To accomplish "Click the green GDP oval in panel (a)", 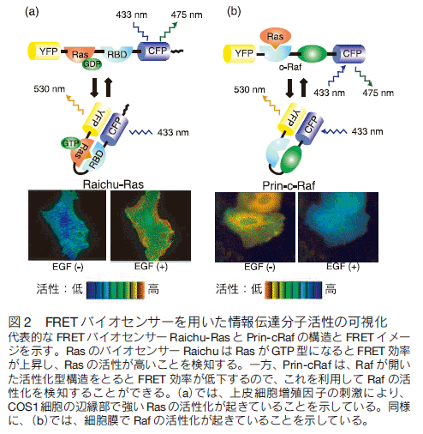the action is tap(92, 64).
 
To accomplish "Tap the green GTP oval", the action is tap(70, 143).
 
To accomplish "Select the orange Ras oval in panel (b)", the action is tap(275, 37).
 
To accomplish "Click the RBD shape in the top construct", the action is tap(117, 53).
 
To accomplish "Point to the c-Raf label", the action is tap(290, 67).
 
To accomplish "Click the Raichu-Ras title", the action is tap(113, 184).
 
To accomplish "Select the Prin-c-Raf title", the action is tap(289, 185).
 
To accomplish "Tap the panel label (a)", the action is tap(32, 12).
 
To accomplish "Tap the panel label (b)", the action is tap(234, 12).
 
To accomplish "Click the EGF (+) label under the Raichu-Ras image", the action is tap(151, 267).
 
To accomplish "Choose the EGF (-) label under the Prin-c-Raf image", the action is tap(259, 267).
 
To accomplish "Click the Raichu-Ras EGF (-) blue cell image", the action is tap(67, 226).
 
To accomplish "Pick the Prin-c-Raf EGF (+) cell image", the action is tap(338, 227).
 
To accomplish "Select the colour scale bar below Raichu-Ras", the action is tap(116, 291).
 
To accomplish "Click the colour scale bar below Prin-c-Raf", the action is tap(293, 290).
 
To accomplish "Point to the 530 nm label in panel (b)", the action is tap(249, 89).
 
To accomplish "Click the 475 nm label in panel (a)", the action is tap(187, 15).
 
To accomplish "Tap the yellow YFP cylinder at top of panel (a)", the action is tap(45, 51).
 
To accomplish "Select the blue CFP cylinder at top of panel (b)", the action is tap(349, 53).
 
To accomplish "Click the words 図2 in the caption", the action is tap(19, 322).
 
